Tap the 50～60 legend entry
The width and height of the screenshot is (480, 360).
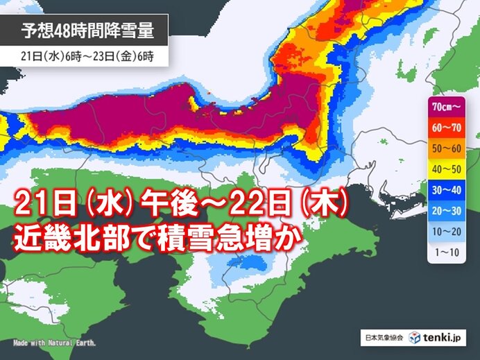446,148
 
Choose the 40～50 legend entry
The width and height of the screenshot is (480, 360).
446,170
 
